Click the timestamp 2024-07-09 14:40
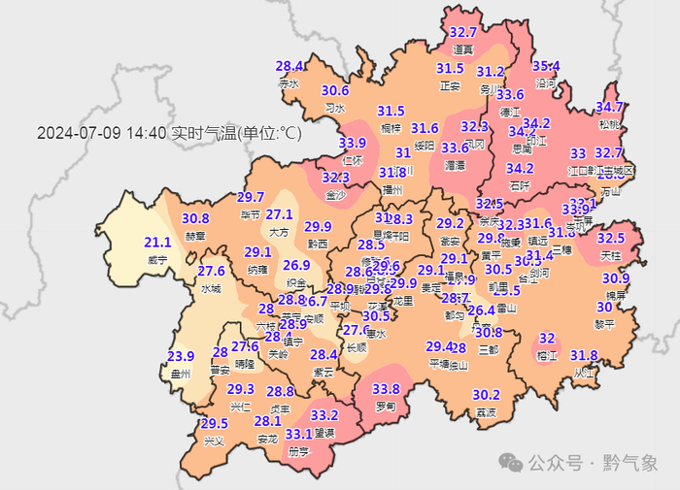[101, 134]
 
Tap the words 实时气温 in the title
[198, 134]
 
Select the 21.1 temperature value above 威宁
[157, 243]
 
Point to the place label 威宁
[157, 260]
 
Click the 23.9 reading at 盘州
[182, 356]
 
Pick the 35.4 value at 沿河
[547, 66]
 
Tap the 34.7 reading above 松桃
[609, 107]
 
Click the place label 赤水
[289, 84]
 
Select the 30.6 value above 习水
[335, 90]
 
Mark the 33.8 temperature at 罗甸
[386, 389]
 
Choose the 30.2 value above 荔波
[486, 395]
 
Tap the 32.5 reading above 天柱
[611, 238]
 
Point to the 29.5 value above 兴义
[214, 424]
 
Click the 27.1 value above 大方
[280, 214]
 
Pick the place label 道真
[463, 49]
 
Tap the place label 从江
[583, 373]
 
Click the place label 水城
[211, 289]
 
